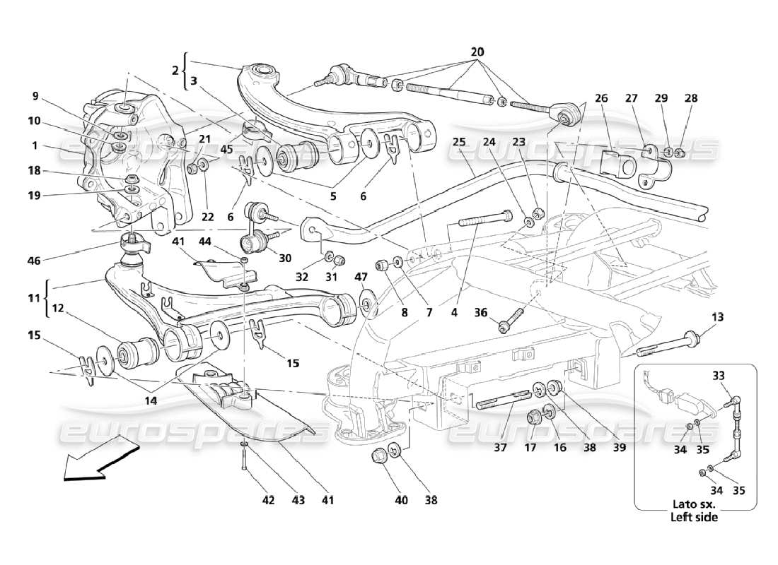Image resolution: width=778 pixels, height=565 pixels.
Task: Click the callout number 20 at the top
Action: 477,52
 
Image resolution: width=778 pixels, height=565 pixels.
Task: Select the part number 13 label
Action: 718,317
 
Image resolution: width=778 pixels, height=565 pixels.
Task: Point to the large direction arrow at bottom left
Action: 100,458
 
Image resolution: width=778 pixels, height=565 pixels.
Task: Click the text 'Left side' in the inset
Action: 694,517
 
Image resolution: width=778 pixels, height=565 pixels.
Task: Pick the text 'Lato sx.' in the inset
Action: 694,505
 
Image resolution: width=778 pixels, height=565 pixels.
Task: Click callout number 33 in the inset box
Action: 719,376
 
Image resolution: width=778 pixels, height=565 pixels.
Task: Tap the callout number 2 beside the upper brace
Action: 174,71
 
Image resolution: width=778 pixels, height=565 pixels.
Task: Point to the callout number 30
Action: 285,258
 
